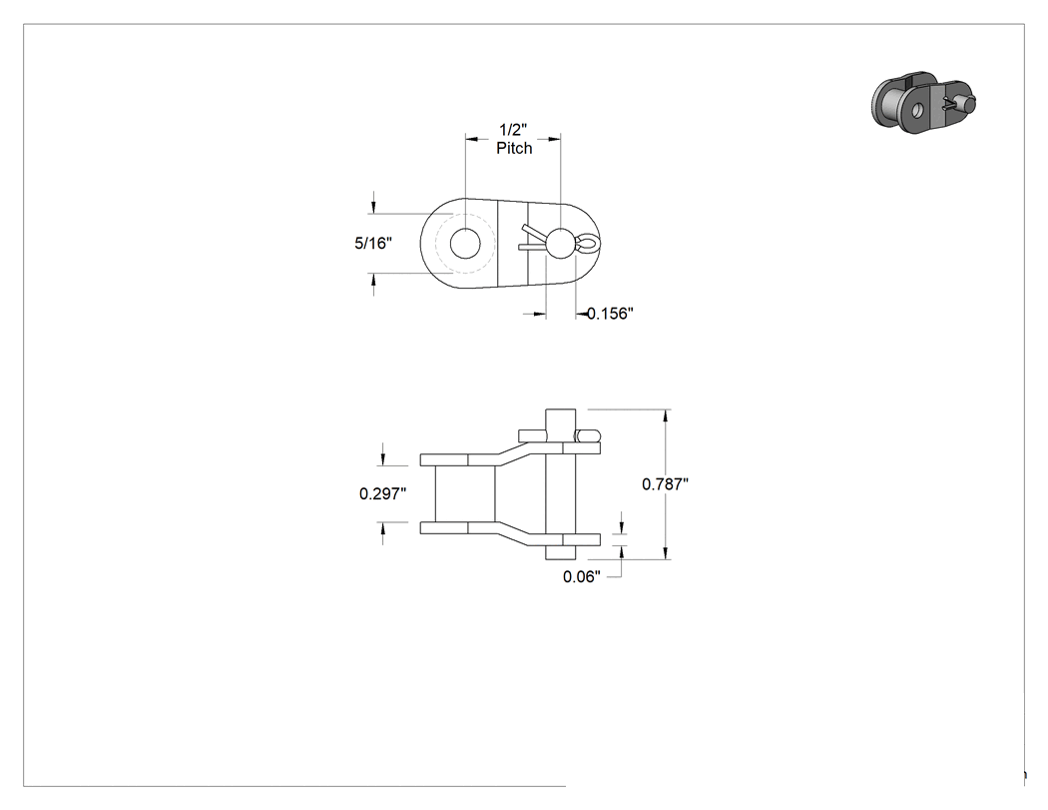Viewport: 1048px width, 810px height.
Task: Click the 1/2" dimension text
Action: coord(513,130)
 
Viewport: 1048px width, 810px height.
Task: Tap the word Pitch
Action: coord(514,148)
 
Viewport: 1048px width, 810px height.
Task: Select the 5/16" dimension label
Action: coord(373,243)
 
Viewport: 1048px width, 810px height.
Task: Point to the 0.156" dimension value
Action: coord(610,313)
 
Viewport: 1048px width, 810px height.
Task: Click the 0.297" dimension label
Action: coord(383,493)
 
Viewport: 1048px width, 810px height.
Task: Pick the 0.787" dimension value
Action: coord(665,483)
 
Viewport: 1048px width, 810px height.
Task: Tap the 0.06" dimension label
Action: coord(582,576)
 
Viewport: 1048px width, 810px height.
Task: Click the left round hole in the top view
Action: coord(466,243)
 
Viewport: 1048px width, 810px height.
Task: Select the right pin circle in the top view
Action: coord(560,242)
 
